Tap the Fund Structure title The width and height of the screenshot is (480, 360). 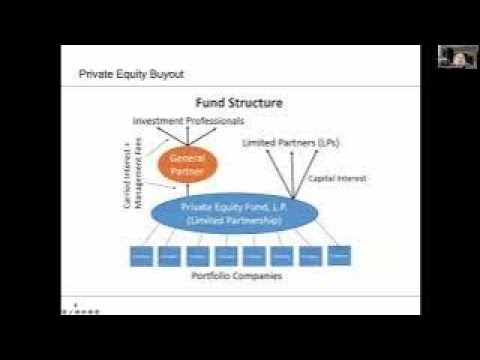pyautogui.click(x=239, y=102)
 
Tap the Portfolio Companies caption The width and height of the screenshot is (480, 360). pyautogui.click(x=237, y=275)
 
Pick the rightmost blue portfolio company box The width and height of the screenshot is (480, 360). pyautogui.click(x=339, y=255)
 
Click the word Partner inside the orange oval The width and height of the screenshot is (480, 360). pyautogui.click(x=187, y=171)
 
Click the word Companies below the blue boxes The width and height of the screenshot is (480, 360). pyautogui.click(x=255, y=275)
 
